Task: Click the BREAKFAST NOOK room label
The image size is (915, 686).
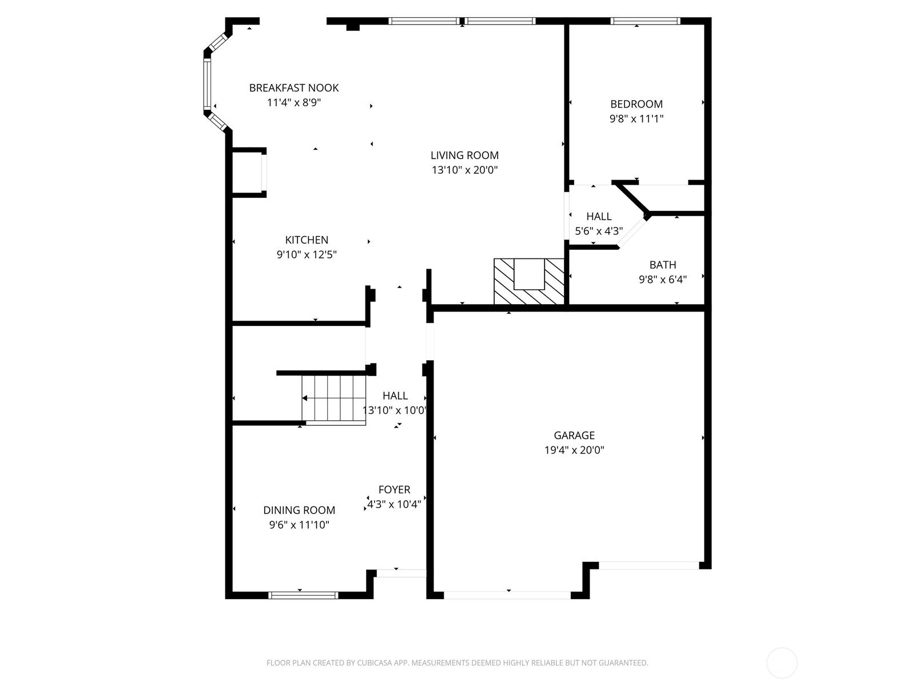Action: coord(294,88)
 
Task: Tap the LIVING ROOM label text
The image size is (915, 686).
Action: coord(464,155)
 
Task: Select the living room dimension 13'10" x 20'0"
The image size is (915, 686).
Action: coord(464,170)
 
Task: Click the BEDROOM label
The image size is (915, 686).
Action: coord(636,104)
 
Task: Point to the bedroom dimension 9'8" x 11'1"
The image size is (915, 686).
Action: coord(636,119)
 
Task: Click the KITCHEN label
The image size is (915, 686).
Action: coord(307,240)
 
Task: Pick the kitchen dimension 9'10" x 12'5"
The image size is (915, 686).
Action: coord(307,254)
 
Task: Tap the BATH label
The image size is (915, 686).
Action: coord(662,265)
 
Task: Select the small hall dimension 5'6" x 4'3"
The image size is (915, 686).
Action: coord(599,231)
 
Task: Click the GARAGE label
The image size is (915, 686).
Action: coord(574,435)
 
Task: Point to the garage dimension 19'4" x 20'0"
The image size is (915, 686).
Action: coord(574,450)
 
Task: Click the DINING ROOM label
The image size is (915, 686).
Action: coord(299,510)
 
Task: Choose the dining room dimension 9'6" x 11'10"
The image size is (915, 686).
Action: coord(299,525)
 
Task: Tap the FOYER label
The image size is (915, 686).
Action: coord(394,489)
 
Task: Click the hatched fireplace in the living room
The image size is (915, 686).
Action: coord(528,281)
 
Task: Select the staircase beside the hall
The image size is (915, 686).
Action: coord(334,400)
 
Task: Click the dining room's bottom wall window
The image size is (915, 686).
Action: coord(303,595)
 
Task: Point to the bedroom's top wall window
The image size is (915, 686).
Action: coord(645,21)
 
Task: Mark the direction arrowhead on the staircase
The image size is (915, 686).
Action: coord(305,398)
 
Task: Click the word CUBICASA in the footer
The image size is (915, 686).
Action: coord(374,663)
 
